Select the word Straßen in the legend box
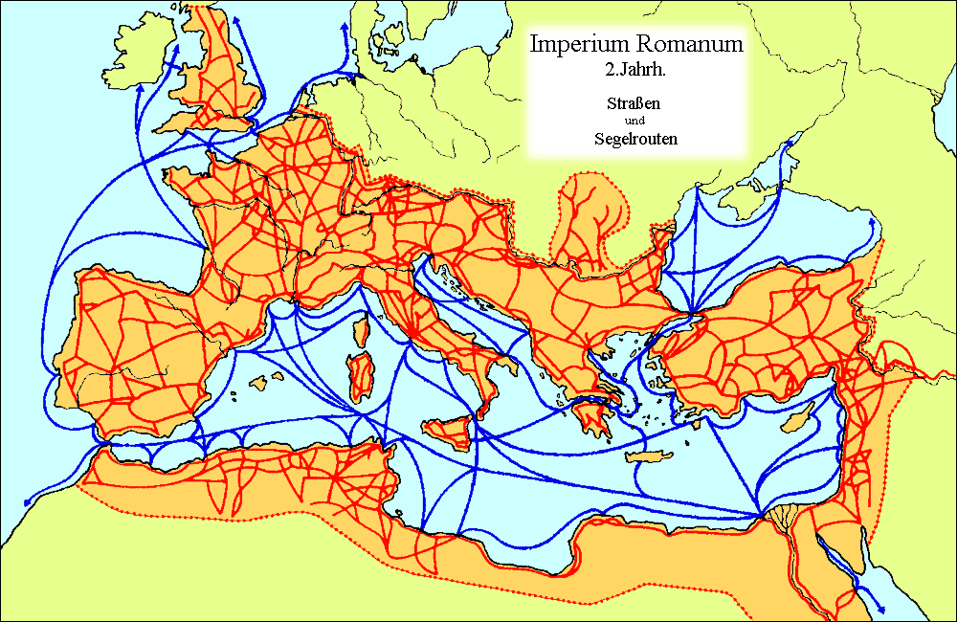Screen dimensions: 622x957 coord(633,103)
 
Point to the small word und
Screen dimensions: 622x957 coord(633,121)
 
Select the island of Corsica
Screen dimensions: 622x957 coord(362,330)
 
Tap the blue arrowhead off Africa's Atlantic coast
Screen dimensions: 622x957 coord(26,500)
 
